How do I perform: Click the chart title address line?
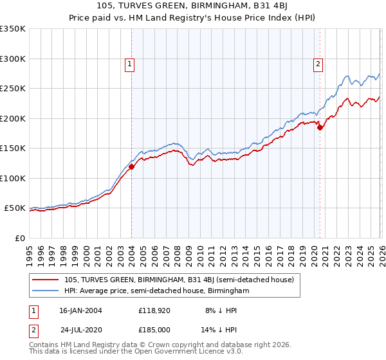click(x=193, y=6)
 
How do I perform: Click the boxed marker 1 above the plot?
click(x=131, y=64)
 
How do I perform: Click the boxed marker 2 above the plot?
click(x=318, y=64)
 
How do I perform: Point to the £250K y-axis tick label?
click(x=13, y=89)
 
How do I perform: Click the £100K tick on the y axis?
click(x=13, y=178)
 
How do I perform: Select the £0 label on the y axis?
click(x=19, y=238)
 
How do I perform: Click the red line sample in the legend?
click(x=46, y=280)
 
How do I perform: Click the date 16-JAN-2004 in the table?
click(x=80, y=310)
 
